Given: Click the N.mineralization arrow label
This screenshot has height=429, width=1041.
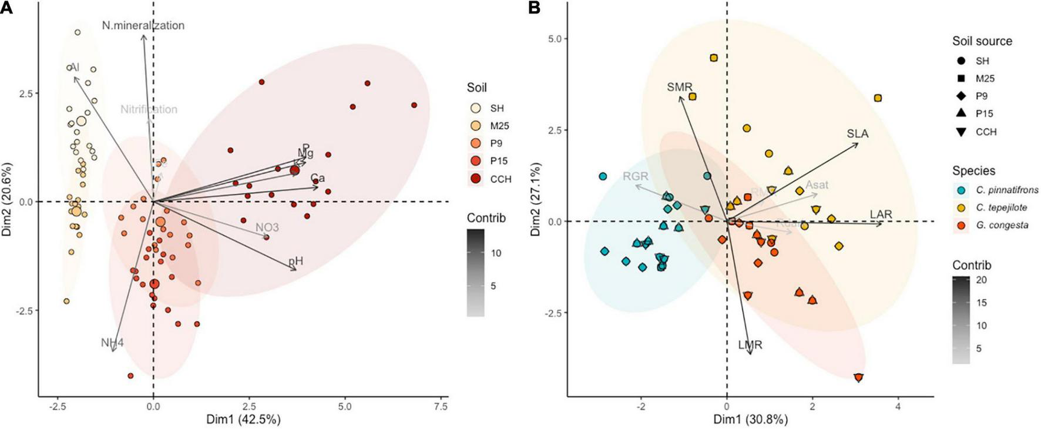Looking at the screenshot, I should pyautogui.click(x=143, y=25).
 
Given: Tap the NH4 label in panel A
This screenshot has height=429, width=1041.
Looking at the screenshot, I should pyautogui.click(x=112, y=343).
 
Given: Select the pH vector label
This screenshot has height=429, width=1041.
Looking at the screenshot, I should pyautogui.click(x=295, y=261).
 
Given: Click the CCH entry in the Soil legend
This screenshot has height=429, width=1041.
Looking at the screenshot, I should pyautogui.click(x=501, y=179).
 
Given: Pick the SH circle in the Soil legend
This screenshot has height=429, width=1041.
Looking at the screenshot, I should pyautogui.click(x=476, y=108).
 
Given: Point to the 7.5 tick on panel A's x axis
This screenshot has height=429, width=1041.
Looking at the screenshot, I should pyautogui.click(x=440, y=406).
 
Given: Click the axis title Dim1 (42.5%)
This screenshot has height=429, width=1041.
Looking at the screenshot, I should pyautogui.click(x=243, y=420).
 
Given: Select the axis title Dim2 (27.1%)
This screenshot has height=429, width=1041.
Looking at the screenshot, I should pyautogui.click(x=535, y=199).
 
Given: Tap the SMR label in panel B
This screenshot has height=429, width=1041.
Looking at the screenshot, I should pyautogui.click(x=679, y=87).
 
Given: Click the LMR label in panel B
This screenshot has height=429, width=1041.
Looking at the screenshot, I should pyautogui.click(x=750, y=345).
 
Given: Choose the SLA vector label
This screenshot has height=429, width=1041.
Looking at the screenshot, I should pyautogui.click(x=857, y=133).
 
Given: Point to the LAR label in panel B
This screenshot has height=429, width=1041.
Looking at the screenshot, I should pyautogui.click(x=881, y=214).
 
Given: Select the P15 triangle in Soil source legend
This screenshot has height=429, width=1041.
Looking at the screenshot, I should pyautogui.click(x=962, y=113).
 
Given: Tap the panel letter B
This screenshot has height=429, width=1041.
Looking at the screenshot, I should pyautogui.click(x=534, y=8).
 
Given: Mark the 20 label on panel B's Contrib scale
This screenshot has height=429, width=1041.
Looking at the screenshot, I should pyautogui.click(x=981, y=280).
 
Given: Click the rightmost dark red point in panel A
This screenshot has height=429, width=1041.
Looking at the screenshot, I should pyautogui.click(x=414, y=105).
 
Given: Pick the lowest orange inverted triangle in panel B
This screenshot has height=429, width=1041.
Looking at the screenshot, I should pyautogui.click(x=859, y=378).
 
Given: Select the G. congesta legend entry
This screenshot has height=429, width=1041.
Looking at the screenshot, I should pyautogui.click(x=1002, y=225).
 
